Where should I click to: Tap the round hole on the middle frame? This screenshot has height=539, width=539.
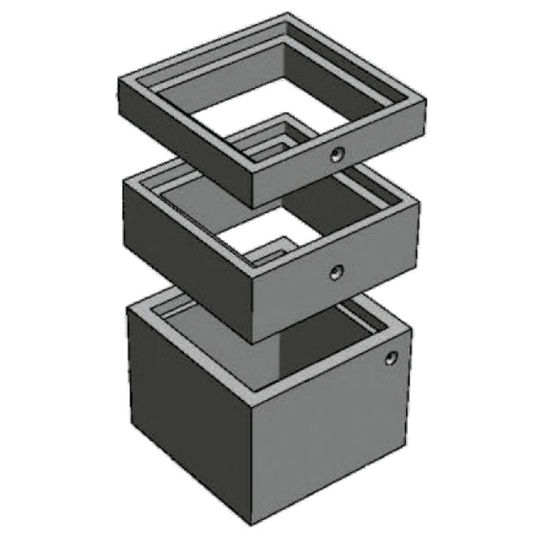(336, 271)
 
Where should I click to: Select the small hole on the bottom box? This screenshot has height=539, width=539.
(390, 358)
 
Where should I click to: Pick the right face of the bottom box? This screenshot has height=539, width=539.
(332, 440)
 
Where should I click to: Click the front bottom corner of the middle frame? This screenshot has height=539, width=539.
(252, 342)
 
